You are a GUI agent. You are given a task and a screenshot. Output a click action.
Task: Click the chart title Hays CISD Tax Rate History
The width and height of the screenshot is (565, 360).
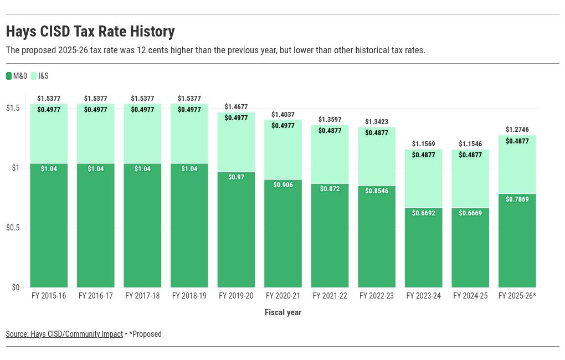(90, 32)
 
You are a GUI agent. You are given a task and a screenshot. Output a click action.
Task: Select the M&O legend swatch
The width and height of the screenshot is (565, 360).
(9, 76)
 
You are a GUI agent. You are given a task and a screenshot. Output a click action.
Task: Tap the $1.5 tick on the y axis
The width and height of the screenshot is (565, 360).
(13, 108)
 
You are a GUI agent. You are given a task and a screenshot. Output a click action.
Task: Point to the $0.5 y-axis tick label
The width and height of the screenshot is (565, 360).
(13, 228)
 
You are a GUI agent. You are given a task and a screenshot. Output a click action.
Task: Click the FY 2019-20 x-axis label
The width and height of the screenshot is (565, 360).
(236, 296)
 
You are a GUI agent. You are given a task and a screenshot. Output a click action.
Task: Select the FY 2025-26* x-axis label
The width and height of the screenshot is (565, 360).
(517, 296)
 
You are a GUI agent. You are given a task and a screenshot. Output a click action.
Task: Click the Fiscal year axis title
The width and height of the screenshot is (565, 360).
(282, 312)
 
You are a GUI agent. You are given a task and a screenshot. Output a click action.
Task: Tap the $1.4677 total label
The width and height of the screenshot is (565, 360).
(236, 107)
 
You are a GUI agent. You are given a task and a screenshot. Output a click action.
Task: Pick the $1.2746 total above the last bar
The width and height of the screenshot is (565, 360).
(517, 130)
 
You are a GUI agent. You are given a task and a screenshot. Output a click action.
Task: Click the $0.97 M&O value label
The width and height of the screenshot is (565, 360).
(236, 177)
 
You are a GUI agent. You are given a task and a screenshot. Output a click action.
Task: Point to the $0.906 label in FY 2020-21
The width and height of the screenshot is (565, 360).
(283, 185)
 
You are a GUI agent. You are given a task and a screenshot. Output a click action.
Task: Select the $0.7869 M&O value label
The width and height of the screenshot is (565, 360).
(517, 199)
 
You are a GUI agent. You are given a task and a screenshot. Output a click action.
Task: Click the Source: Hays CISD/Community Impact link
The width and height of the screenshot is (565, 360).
(64, 334)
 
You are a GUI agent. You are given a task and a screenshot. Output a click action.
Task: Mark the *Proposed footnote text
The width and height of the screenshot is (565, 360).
(145, 334)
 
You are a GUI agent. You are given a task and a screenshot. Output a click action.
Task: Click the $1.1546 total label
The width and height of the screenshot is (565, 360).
(470, 144)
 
